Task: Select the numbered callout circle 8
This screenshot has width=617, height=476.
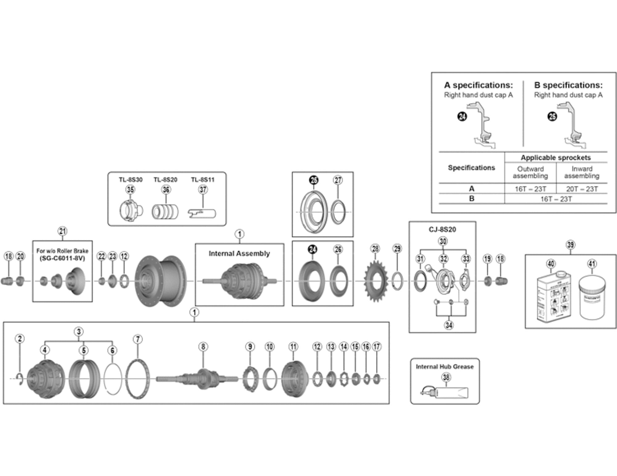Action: click(203, 346)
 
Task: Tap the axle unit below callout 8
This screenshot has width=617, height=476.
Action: click(199, 378)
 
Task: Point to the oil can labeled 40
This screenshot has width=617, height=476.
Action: click(553, 296)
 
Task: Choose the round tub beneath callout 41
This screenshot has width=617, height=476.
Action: click(592, 299)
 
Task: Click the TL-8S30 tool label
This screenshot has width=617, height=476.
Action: click(130, 180)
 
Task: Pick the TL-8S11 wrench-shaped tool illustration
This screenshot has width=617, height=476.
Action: click(202, 213)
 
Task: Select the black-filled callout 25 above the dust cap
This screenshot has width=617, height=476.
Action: click(314, 180)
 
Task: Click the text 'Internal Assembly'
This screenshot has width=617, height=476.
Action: click(239, 254)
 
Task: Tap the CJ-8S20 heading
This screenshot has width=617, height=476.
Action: click(442, 229)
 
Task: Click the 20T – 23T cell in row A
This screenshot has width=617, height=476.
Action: click(582, 189)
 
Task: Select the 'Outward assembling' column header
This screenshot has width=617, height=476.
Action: click(530, 172)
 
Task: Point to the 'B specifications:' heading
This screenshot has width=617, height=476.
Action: click(568, 85)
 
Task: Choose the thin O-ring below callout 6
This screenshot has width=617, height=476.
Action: click(112, 379)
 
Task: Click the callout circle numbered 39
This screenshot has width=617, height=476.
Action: click(570, 245)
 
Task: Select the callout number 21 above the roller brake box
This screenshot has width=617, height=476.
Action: click(62, 231)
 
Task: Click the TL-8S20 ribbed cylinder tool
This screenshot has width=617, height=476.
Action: click(165, 212)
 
